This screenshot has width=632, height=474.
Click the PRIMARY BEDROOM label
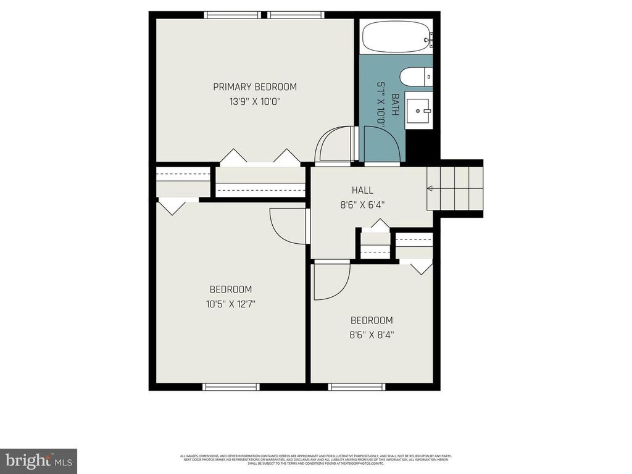[x=255, y=87]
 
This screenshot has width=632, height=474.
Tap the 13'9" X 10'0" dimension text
[x=255, y=102]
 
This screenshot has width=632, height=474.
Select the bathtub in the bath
[x=396, y=36]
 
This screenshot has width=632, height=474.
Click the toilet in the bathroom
[x=415, y=78]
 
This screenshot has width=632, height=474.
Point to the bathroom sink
[x=419, y=112]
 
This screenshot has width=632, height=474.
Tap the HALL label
[x=362, y=190]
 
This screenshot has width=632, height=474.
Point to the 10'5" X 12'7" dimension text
[x=230, y=304]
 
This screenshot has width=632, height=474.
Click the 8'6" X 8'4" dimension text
[x=372, y=335]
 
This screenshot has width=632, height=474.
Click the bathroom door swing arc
[x=381, y=146]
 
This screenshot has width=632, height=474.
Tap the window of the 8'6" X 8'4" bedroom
[x=357, y=386]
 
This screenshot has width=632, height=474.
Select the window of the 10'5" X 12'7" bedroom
[x=231, y=386]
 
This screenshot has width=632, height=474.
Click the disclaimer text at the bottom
[x=316, y=459]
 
